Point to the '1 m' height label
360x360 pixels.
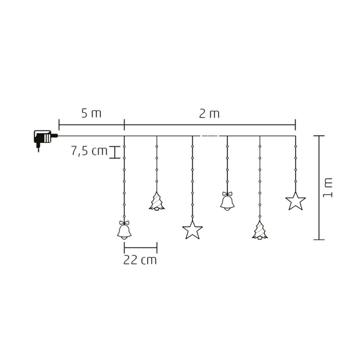pyautogui.click(x=329, y=187)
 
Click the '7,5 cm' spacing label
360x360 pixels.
pyautogui.click(x=89, y=151)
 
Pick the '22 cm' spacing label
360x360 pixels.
pyautogui.click(x=140, y=260)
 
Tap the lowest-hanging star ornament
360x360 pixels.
pyautogui.click(x=192, y=230)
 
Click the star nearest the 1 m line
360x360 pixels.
pyautogui.click(x=295, y=201)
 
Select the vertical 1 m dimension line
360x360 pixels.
pyautogui.click(x=319, y=187)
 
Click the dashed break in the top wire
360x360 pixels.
pyautogui.click(x=210, y=136)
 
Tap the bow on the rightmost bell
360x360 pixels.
pyautogui.click(x=226, y=193)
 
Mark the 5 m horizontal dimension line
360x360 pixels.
pyautogui.click(x=92, y=123)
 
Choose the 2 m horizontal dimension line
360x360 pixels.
pyautogui.click(x=210, y=123)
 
